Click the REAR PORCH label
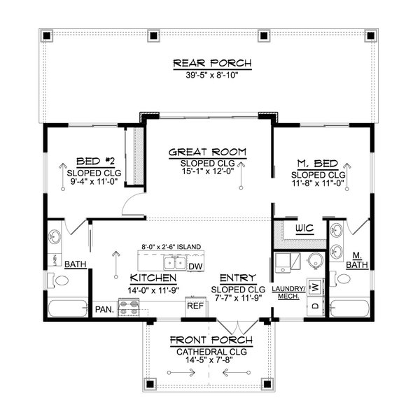pos(211,64)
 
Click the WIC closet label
pos(304,229)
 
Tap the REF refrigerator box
pos(194,306)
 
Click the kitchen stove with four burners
pos(129,306)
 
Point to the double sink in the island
pos(174,263)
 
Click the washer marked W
pos(315,287)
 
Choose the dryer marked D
pos(315,306)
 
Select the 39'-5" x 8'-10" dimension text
pos(211,76)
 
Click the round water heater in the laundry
pos(315,261)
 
